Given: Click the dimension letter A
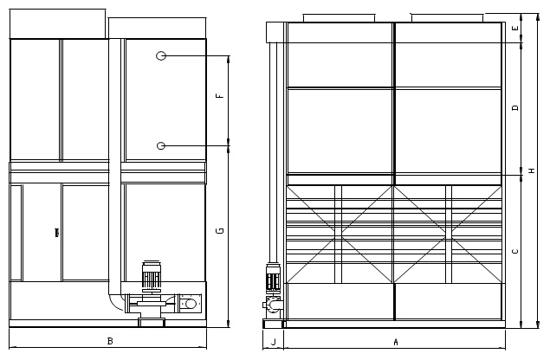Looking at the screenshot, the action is [x=396, y=342].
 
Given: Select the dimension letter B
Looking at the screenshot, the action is [x=110, y=341].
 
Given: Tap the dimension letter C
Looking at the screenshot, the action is [x=515, y=251].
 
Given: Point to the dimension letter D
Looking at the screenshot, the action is [x=515, y=107].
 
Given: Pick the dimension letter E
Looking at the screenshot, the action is [x=515, y=28].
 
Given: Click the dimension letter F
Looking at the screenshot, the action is [x=220, y=95].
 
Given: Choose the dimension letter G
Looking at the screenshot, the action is [x=220, y=230].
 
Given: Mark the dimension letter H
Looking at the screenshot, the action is [x=532, y=170].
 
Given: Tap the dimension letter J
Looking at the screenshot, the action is [x=274, y=342].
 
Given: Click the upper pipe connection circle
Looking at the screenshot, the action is [x=161, y=55].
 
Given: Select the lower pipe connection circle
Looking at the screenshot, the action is [x=161, y=145].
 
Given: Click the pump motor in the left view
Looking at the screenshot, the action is [x=152, y=274].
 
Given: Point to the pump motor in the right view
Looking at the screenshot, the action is [x=273, y=278].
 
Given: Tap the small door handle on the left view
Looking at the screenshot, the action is [x=57, y=233].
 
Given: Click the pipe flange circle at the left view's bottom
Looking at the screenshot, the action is [x=191, y=304].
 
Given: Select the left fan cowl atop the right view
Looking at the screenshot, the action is [x=339, y=18].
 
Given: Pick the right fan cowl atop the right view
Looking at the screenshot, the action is [x=447, y=17].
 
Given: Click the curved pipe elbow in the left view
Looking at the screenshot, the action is [x=116, y=302].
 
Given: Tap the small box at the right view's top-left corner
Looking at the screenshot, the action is [x=275, y=32].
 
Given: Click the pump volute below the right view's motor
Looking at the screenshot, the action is [x=273, y=305].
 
